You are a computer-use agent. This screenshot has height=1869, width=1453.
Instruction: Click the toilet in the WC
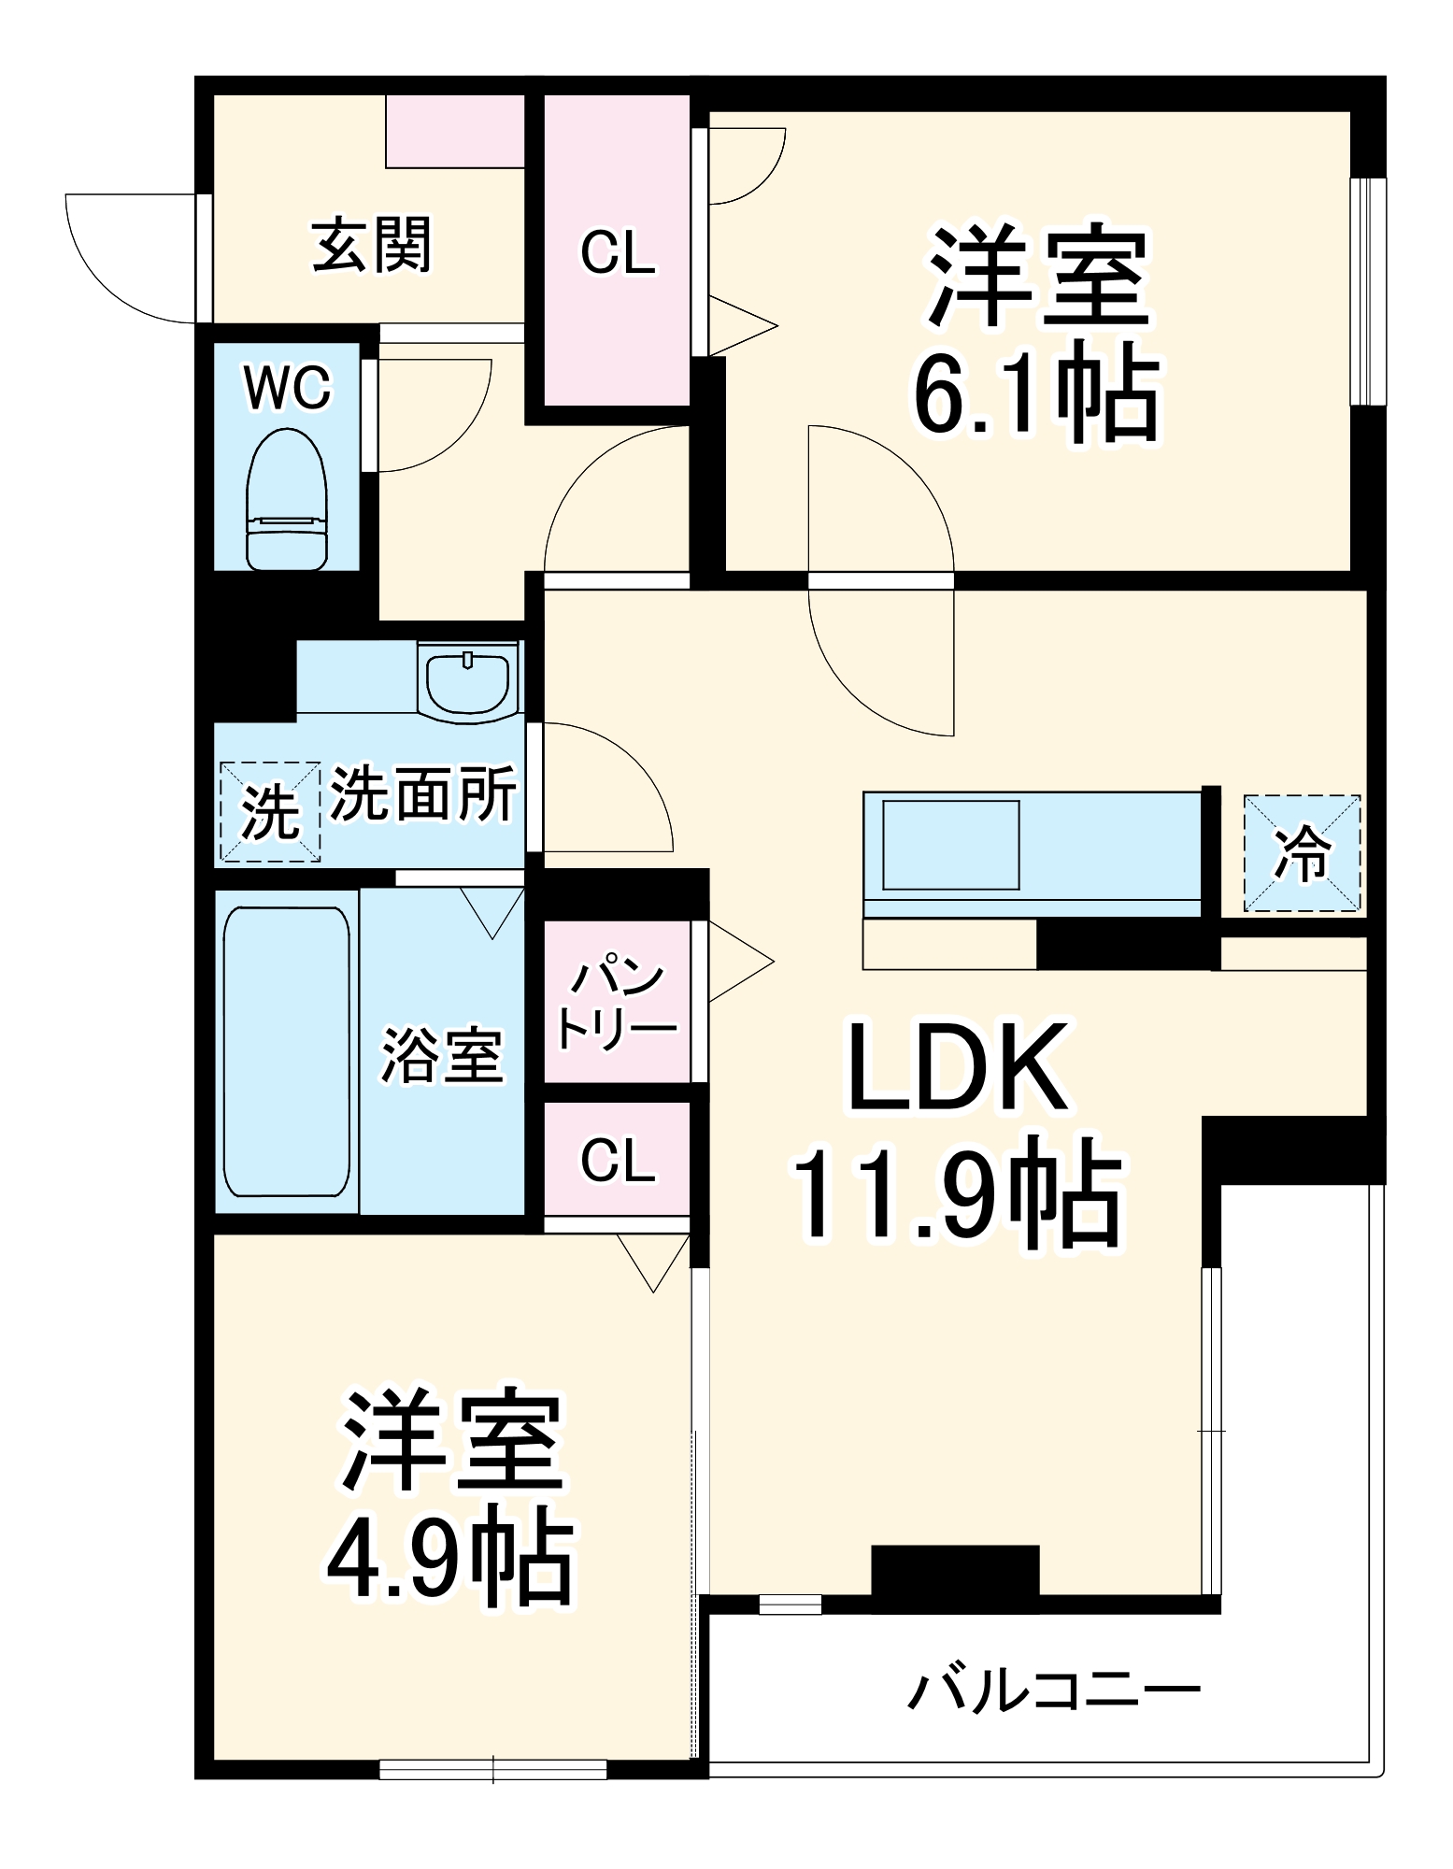(x=287, y=500)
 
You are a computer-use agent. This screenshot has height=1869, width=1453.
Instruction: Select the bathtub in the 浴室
(x=287, y=1051)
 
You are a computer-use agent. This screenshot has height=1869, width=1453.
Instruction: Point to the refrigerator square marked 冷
(x=1302, y=852)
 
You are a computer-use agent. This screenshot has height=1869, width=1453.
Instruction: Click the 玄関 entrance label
(x=371, y=245)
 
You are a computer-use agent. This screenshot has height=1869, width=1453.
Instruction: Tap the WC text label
(x=287, y=388)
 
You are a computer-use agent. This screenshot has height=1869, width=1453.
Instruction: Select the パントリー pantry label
(x=616, y=1003)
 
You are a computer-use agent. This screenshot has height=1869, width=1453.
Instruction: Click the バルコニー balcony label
(x=1053, y=1691)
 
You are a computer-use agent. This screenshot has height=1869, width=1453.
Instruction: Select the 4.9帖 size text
(x=450, y=1560)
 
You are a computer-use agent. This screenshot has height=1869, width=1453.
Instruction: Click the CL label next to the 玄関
(x=618, y=252)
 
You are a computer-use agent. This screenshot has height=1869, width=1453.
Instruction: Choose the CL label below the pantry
(x=618, y=1161)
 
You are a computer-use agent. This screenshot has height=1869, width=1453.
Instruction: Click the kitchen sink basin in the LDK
(x=951, y=845)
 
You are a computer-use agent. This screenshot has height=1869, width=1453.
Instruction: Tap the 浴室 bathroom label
(x=442, y=1055)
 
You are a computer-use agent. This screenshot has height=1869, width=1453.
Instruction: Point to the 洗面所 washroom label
(x=423, y=794)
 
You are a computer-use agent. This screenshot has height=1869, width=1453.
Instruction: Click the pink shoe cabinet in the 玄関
(x=455, y=131)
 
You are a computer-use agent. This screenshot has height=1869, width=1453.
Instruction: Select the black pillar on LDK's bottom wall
(x=955, y=1572)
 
